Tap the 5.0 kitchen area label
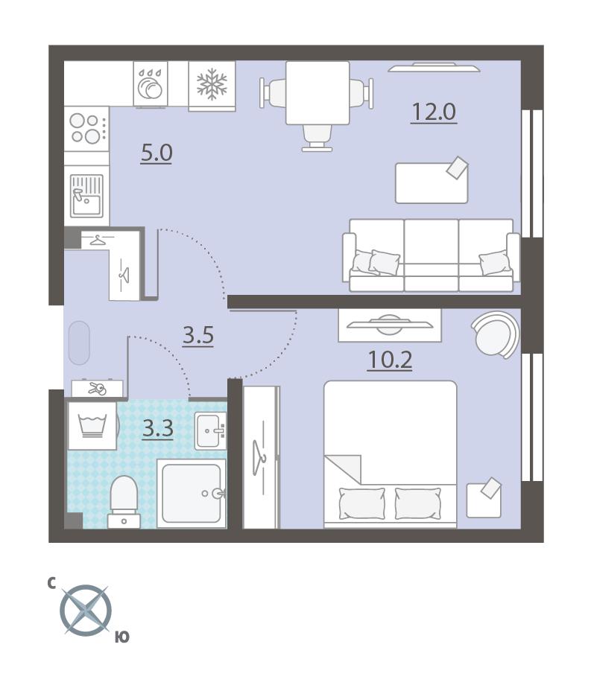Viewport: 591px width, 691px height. [x=156, y=153]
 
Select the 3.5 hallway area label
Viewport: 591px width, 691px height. [x=198, y=335]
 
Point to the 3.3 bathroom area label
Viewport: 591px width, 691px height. [x=157, y=429]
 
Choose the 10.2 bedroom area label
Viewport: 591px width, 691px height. [x=390, y=360]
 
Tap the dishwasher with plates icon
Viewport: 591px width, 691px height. [x=151, y=83]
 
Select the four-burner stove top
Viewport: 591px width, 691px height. [x=86, y=129]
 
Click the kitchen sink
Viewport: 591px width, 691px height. [x=87, y=196]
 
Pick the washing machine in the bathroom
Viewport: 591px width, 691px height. [x=92, y=426]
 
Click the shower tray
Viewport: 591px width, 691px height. [x=192, y=493]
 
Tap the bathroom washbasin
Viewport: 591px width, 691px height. [x=211, y=431]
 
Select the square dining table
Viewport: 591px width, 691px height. [x=317, y=93]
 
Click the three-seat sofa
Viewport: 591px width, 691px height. [x=432, y=255]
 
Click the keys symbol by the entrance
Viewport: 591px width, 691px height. [x=98, y=388]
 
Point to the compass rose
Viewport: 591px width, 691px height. [x=86, y=611]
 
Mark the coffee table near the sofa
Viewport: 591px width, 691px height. [x=432, y=182]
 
